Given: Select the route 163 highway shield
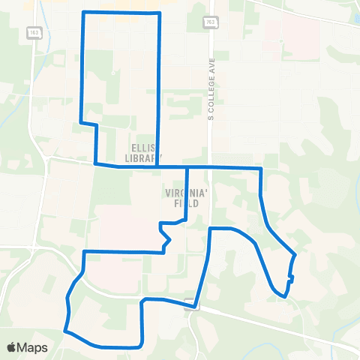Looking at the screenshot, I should click(x=34, y=33).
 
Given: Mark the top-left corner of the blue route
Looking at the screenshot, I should click(x=82, y=13).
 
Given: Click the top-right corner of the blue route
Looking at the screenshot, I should click(x=160, y=13).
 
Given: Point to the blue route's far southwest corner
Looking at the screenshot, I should click(x=65, y=330).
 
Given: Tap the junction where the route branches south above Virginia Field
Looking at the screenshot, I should click(x=187, y=167).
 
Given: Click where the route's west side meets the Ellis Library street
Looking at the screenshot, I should click(x=94, y=163).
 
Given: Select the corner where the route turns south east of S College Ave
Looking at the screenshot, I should click(x=260, y=169).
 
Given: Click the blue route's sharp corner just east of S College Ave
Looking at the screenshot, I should click(x=210, y=228).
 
